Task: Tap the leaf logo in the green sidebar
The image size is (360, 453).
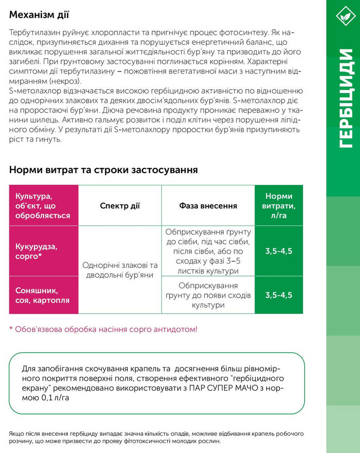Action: click(343, 17)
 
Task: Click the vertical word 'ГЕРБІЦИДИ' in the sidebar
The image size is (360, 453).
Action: click(344, 97)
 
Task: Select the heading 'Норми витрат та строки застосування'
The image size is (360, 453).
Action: click(103, 170)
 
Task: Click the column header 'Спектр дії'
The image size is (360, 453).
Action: click(120, 206)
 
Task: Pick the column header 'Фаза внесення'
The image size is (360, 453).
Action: click(208, 206)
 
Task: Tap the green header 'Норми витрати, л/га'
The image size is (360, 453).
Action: click(279, 206)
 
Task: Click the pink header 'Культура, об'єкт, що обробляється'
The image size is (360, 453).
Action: click(43, 206)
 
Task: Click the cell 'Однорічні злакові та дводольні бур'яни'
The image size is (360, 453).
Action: click(120, 270)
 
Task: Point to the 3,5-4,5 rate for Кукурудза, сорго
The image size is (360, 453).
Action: click(279, 251)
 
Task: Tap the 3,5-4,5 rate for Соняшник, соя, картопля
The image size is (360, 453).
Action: click(279, 295)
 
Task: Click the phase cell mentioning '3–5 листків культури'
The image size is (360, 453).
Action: click(208, 251)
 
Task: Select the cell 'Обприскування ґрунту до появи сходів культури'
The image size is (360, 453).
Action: click(208, 295)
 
